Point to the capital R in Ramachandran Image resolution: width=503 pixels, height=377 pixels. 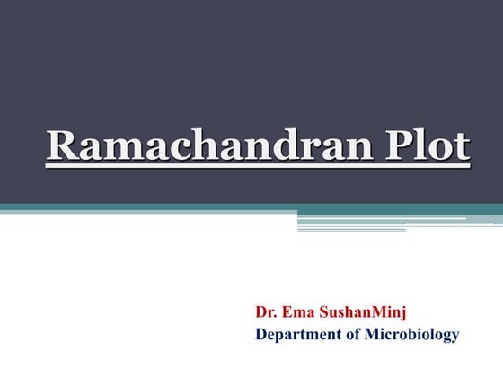click(62, 147)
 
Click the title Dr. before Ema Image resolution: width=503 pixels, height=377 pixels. click(266, 313)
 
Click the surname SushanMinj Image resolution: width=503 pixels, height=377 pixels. click(363, 313)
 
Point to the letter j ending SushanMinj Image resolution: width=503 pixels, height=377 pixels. click(403, 315)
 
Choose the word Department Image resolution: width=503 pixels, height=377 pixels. click(296, 336)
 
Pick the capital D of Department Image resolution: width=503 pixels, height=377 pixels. click(261, 335)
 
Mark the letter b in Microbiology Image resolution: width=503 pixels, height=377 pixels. click(419, 335)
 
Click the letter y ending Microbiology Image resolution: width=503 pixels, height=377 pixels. click(454, 338)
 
